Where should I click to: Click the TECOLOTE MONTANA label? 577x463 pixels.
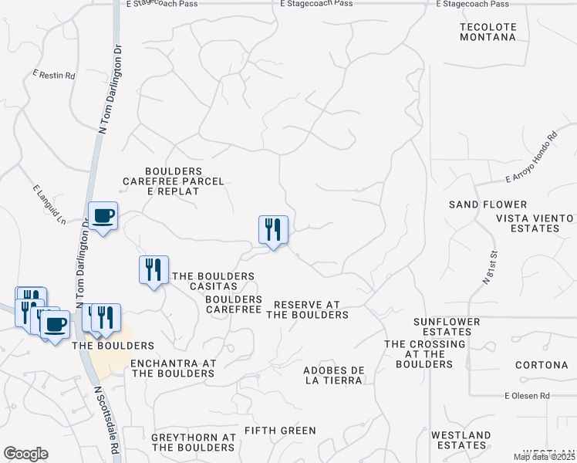click(487, 31)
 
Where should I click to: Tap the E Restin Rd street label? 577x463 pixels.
click(53, 76)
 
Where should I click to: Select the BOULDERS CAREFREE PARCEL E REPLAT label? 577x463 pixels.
click(174, 181)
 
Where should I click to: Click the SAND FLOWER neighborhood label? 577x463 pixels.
click(488, 204)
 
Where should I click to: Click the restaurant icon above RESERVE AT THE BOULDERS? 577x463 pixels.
click(273, 230)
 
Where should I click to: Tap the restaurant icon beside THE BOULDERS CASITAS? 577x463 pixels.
click(153, 270)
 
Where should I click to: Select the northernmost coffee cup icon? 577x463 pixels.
click(103, 216)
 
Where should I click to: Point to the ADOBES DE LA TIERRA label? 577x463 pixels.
click(333, 374)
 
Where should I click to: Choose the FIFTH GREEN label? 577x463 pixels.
click(280, 430)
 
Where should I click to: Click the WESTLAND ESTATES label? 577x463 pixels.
click(461, 441)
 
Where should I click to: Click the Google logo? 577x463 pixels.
click(25, 454)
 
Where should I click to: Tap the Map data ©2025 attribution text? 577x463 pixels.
click(544, 457)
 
